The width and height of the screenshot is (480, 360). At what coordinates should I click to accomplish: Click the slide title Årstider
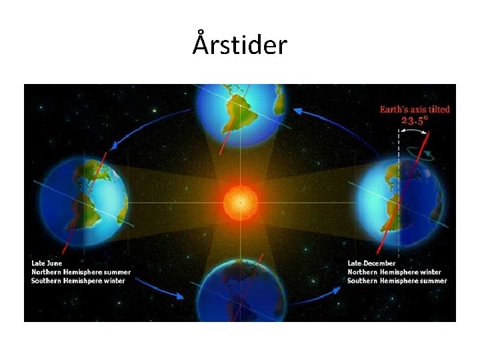[240, 45]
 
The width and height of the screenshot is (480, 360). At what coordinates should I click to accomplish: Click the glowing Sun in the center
[239, 201]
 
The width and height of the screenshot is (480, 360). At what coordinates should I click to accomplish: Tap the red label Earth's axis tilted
[415, 109]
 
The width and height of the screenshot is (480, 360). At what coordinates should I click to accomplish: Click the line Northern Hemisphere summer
[81, 272]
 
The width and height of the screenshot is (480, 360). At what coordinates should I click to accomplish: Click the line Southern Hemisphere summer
[397, 281]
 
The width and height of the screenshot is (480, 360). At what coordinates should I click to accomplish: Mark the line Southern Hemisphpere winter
[78, 281]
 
